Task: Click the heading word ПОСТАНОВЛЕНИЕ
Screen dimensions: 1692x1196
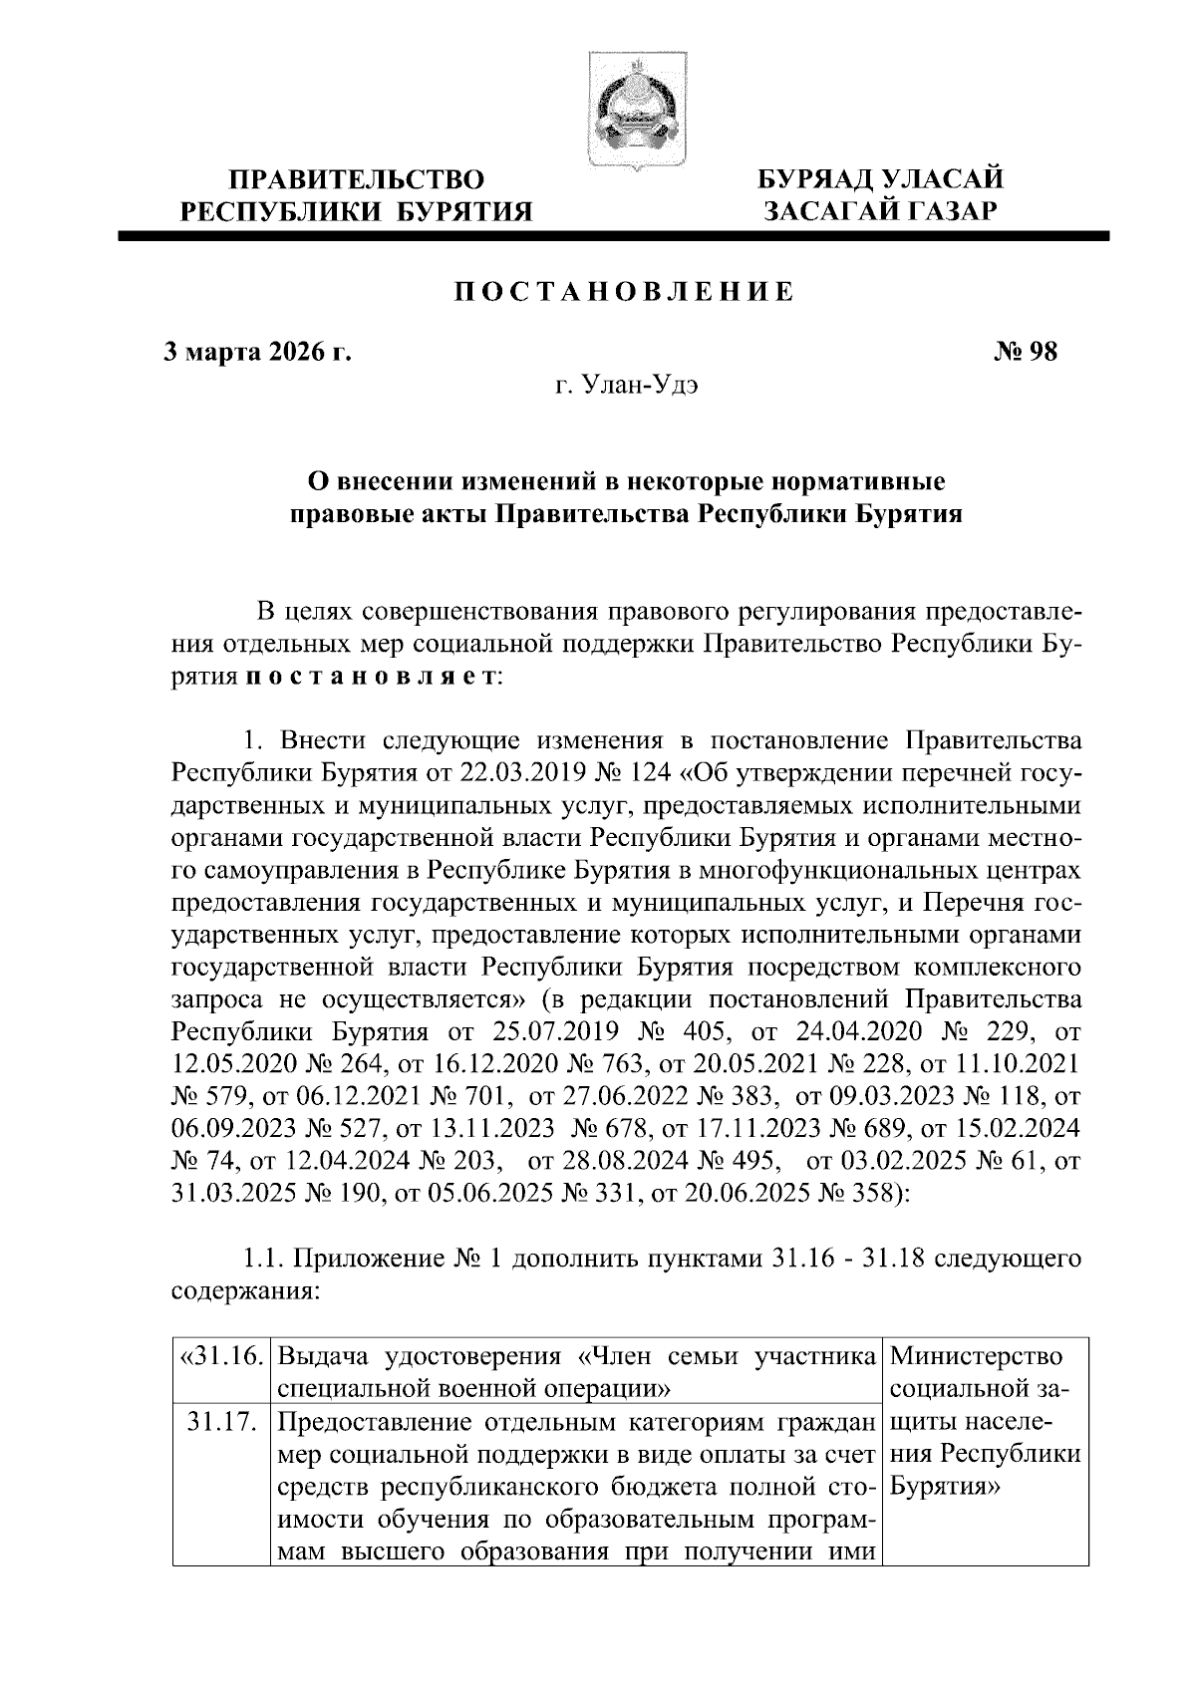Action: tap(625, 291)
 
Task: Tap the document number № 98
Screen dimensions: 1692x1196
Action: tap(1026, 352)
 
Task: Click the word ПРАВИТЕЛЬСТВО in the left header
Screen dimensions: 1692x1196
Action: tap(357, 180)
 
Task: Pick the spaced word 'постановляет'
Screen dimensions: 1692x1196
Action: tap(367, 677)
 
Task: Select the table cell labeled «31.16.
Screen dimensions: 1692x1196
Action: tap(220, 1357)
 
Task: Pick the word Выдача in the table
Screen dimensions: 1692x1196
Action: tap(326, 1357)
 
